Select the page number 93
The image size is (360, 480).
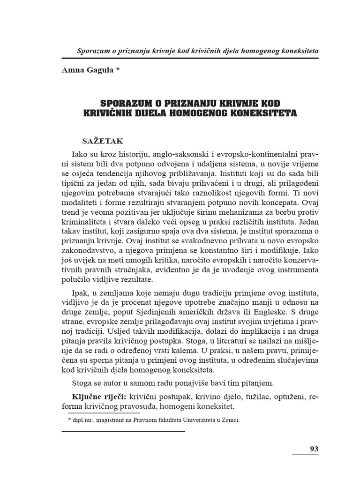point(314,449)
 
